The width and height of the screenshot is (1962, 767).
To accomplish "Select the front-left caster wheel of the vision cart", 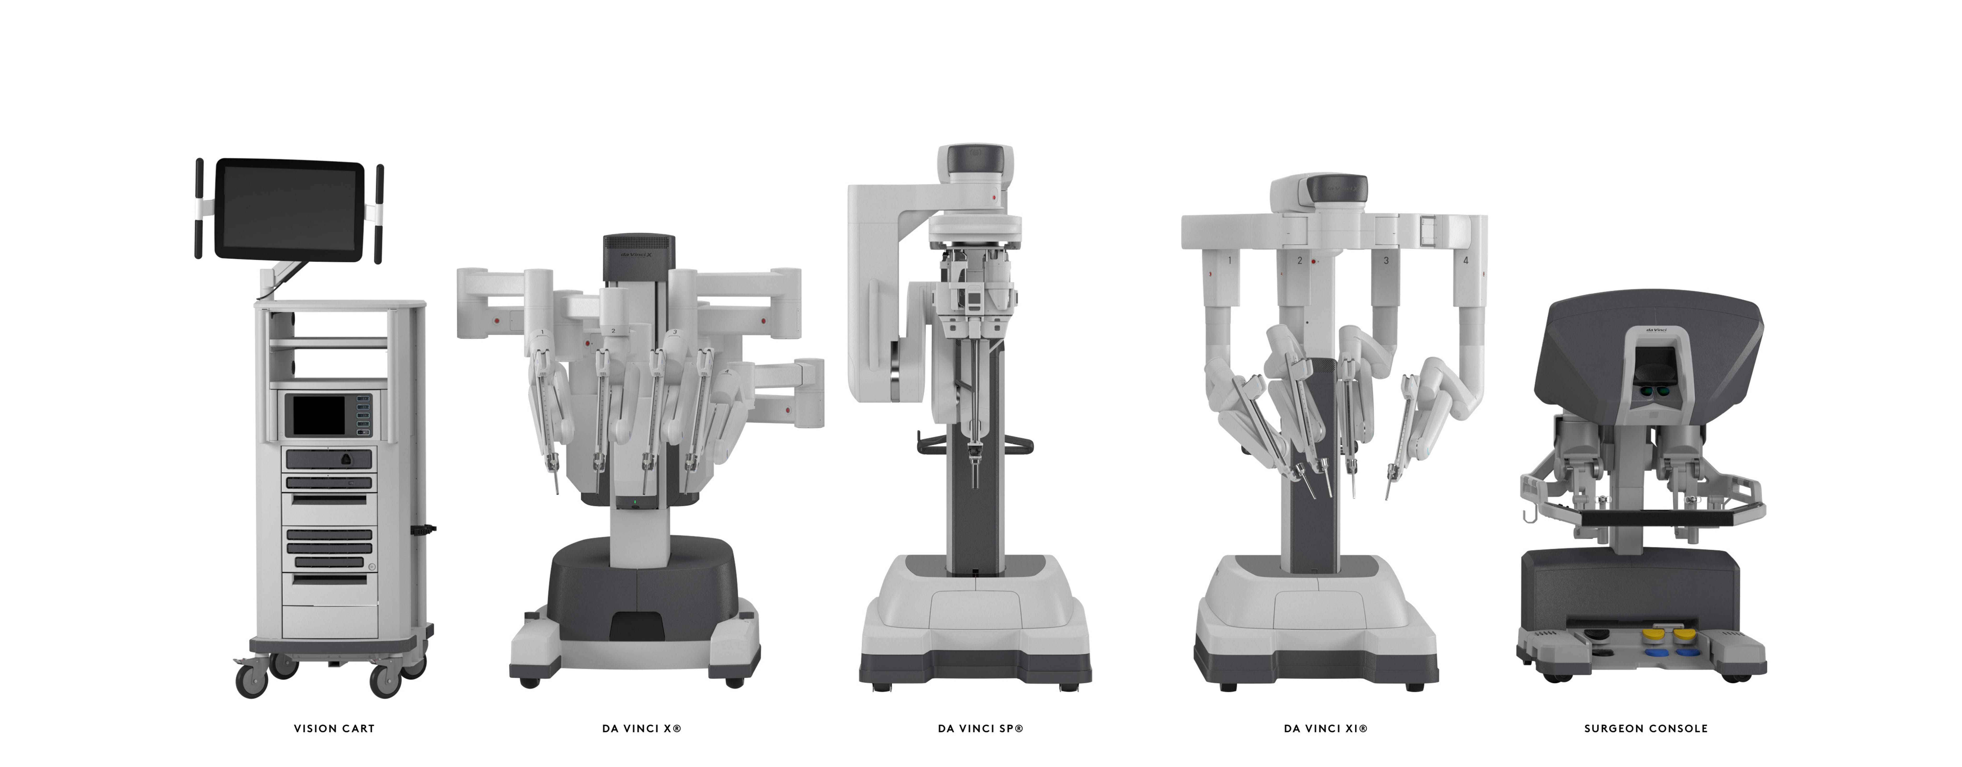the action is (x=251, y=680).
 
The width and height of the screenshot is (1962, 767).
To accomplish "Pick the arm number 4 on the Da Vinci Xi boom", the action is (x=1466, y=260).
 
